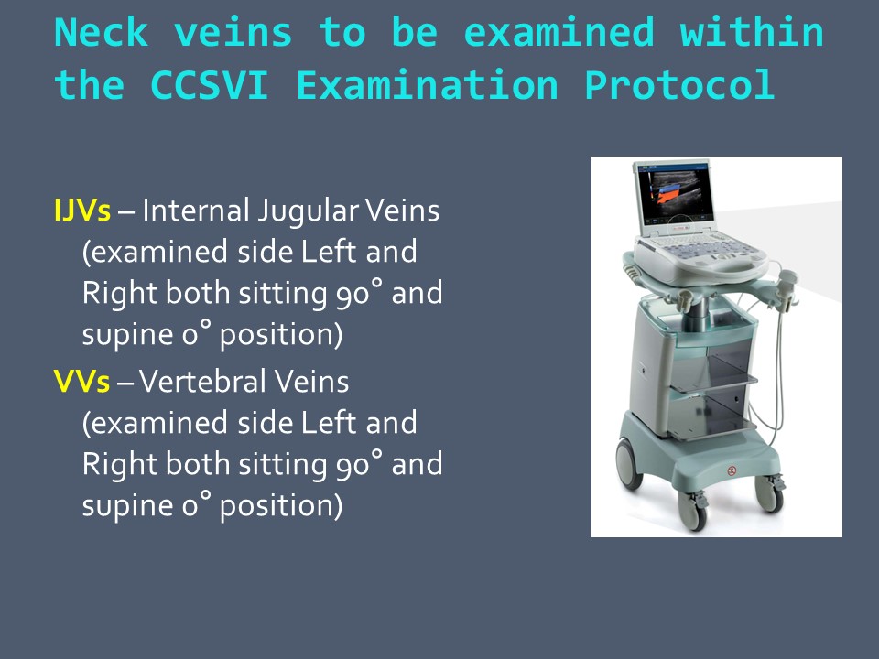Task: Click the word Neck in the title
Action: (102, 33)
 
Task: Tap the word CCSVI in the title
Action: (209, 85)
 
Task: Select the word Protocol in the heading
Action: (678, 85)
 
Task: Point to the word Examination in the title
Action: (427, 85)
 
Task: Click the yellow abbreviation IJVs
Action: (82, 211)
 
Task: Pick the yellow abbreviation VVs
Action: (81, 382)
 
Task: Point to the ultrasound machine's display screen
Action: (678, 197)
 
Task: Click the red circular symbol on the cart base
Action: (732, 470)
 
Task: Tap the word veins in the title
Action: (233, 33)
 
